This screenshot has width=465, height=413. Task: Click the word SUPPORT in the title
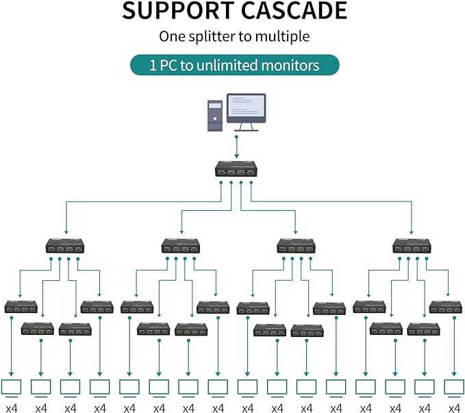pyautogui.click(x=175, y=11)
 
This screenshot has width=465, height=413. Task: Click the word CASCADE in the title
pyautogui.click(x=290, y=11)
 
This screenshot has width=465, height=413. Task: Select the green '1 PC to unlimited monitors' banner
pyautogui.click(x=235, y=65)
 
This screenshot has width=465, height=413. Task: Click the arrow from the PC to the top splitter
pyautogui.click(x=236, y=146)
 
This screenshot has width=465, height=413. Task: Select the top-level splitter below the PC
pyautogui.click(x=236, y=168)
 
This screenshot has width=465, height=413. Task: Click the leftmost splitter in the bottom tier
pyautogui.click(x=21, y=306)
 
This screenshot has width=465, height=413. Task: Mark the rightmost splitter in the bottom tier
pyautogui.click(x=446, y=306)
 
